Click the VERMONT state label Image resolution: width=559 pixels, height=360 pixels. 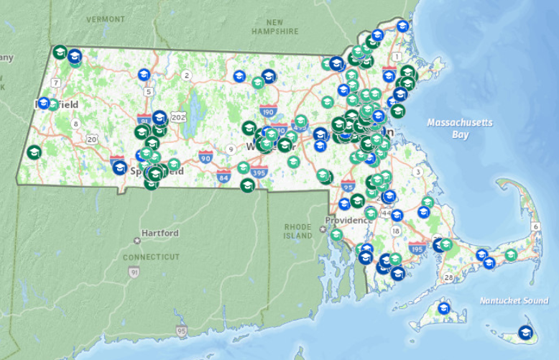[106, 19]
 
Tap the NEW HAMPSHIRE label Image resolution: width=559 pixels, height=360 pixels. [274, 27]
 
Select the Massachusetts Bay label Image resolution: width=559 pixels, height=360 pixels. [460, 128]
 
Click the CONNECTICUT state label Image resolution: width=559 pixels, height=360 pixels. [150, 257]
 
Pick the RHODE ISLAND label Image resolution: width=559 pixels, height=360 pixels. [297, 230]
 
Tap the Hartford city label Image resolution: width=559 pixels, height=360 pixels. [160, 234]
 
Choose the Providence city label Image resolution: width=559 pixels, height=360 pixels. [347, 220]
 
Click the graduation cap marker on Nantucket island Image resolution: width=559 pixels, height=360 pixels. [526, 333]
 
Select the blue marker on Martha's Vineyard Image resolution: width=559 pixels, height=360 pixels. [443, 308]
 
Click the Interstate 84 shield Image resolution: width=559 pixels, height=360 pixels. [223, 175]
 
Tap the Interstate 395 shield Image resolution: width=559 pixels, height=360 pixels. [259, 172]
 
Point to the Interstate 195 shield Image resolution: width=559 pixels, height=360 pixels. [416, 248]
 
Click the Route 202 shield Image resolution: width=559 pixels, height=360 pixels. [178, 117]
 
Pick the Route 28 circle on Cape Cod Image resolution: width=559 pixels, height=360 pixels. [449, 277]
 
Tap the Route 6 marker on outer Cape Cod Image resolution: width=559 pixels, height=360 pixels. [536, 227]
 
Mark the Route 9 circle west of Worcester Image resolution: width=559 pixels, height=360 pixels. [231, 149]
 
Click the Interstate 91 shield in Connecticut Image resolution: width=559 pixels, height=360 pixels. [134, 272]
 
